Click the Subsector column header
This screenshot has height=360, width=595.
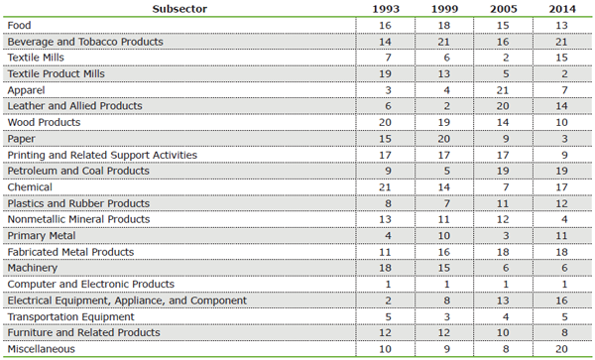[179, 9]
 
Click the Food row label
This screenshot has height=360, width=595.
[20, 26]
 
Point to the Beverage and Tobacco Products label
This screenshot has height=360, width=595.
[84, 42]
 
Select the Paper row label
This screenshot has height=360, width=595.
[22, 139]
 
